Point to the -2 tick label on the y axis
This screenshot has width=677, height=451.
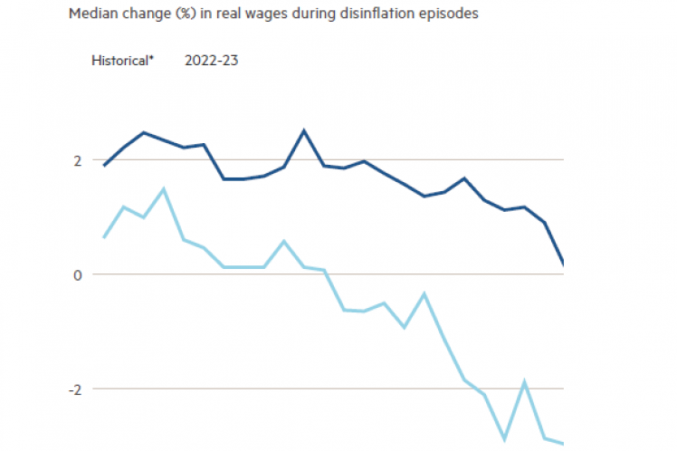pyautogui.click(x=75, y=389)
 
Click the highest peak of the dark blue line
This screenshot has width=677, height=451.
pyautogui.click(x=304, y=130)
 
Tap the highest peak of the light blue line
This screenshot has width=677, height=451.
pyautogui.click(x=163, y=188)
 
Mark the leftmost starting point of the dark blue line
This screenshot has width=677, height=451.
pyautogui.click(x=104, y=166)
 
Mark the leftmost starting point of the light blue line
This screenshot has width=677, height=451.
pyautogui.click(x=104, y=237)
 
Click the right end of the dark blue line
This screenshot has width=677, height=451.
pyautogui.click(x=563, y=264)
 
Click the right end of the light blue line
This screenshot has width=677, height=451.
pyautogui.click(x=563, y=443)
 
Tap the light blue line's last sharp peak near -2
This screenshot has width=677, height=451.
pyautogui.click(x=525, y=382)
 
